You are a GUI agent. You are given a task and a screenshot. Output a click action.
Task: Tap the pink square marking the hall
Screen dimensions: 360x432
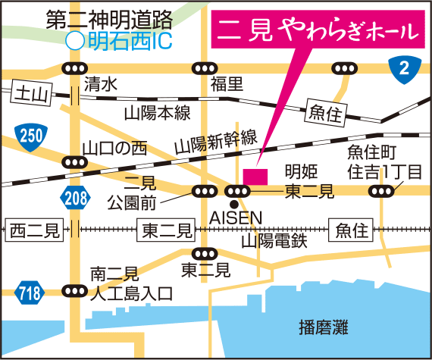click(x=255, y=175)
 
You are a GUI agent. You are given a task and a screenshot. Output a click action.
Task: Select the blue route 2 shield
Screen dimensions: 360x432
click(x=404, y=70)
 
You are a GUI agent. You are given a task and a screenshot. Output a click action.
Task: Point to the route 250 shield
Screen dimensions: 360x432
click(x=31, y=136)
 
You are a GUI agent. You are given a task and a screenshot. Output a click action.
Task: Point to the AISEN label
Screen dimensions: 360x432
click(x=236, y=218)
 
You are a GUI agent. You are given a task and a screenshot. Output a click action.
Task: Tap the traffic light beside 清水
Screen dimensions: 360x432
click(x=74, y=69)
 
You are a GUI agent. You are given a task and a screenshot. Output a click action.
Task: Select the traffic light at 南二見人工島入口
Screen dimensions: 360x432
click(x=74, y=290)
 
